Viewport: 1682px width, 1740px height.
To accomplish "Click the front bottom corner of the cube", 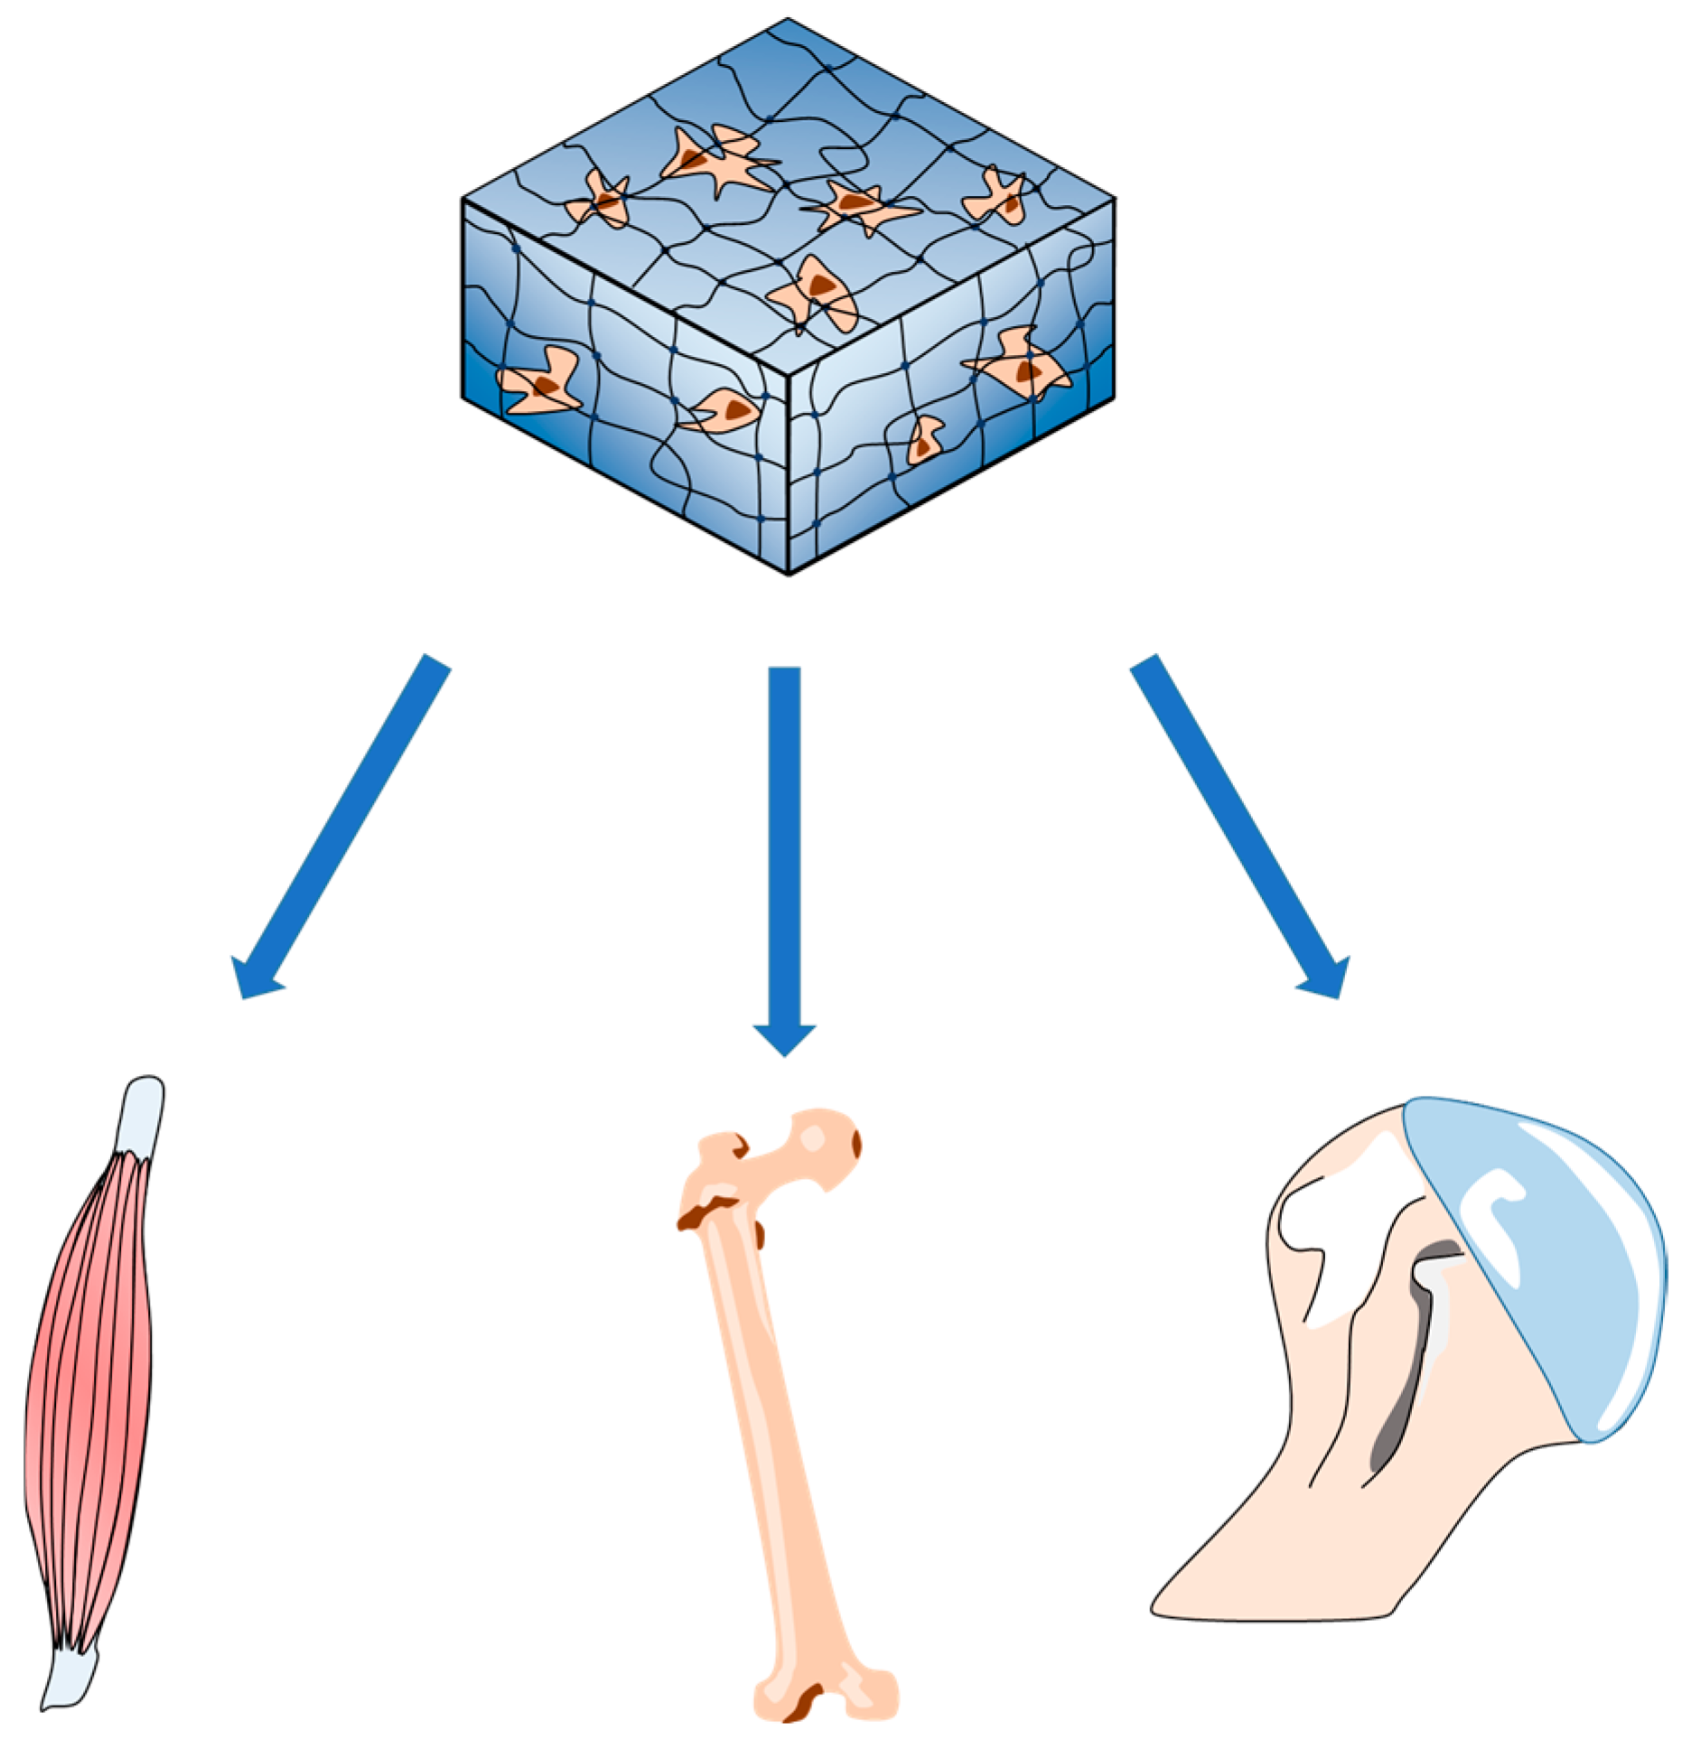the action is coord(789,572).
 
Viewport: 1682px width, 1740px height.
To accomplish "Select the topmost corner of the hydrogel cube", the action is coord(788,20).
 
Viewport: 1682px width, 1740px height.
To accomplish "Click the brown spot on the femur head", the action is coord(855,1144).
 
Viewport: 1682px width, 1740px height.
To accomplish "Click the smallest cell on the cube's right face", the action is coord(925,440).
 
